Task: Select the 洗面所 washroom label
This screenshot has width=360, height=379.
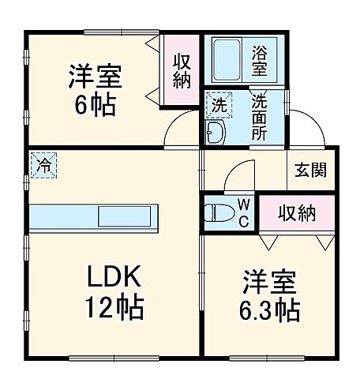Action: (x=260, y=116)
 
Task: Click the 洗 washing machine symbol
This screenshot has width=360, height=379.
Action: (x=218, y=103)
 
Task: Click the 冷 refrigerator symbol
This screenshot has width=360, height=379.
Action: (x=43, y=165)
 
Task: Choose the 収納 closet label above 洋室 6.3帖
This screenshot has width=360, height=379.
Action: (x=297, y=212)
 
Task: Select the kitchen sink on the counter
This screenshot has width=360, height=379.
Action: (x=127, y=216)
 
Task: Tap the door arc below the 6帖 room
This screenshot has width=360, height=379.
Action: (x=180, y=131)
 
